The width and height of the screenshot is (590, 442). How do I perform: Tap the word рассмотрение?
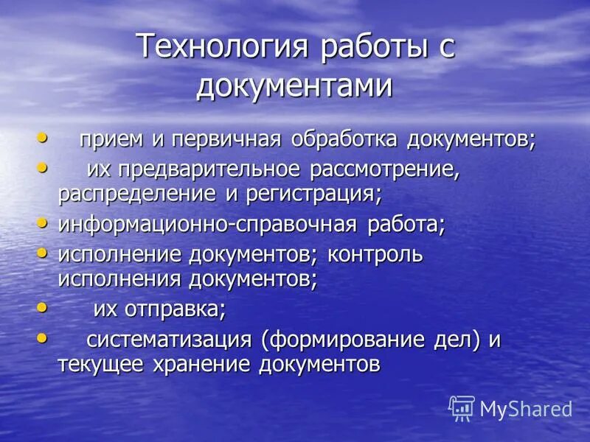pyautogui.click(x=384, y=171)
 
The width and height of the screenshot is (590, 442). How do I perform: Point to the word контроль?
pyautogui.click(x=375, y=255)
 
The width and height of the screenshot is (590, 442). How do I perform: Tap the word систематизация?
pyautogui.click(x=170, y=340)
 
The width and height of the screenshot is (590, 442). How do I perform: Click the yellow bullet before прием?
pyautogui.click(x=41, y=137)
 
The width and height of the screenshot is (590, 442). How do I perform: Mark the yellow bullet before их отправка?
pyautogui.click(x=41, y=307)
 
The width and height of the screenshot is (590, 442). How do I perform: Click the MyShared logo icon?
pyautogui.click(x=462, y=407)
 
